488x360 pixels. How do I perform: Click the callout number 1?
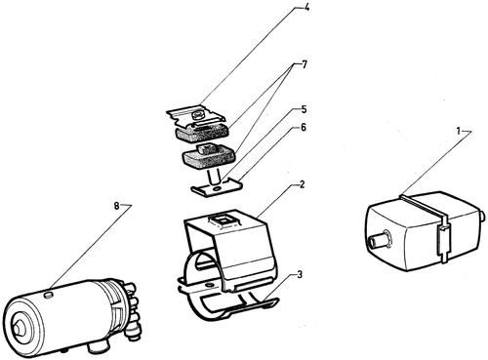click(x=459, y=132)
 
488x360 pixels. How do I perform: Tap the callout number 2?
click(x=303, y=184)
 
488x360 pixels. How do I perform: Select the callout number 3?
click(x=300, y=275)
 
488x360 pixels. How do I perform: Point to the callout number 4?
click(x=306, y=7)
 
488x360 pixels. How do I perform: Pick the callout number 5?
click(x=304, y=109)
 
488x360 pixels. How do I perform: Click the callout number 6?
click(x=304, y=128)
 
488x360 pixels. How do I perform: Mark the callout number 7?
click(x=305, y=64)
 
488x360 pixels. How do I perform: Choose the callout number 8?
click(x=117, y=206)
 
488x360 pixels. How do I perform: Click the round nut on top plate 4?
click(x=197, y=115)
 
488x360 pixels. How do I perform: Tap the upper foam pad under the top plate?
click(x=202, y=132)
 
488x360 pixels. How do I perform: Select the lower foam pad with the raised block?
click(x=207, y=157)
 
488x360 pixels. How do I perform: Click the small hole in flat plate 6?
click(x=216, y=188)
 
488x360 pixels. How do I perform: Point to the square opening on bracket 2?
click(x=224, y=222)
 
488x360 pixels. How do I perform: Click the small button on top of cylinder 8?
click(x=48, y=295)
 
